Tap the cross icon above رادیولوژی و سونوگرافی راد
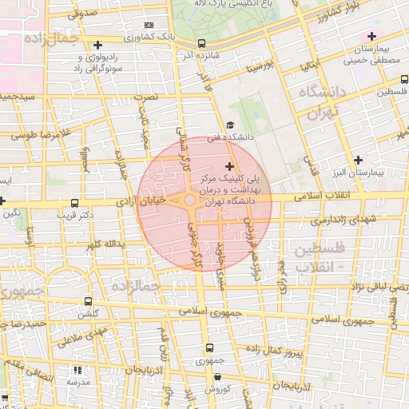[x=97, y=46]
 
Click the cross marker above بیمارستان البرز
[x=359, y=160]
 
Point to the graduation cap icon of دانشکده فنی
[x=231, y=125]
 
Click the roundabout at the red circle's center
[x=190, y=202]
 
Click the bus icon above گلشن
[x=88, y=301]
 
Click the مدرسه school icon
[x=77, y=371]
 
